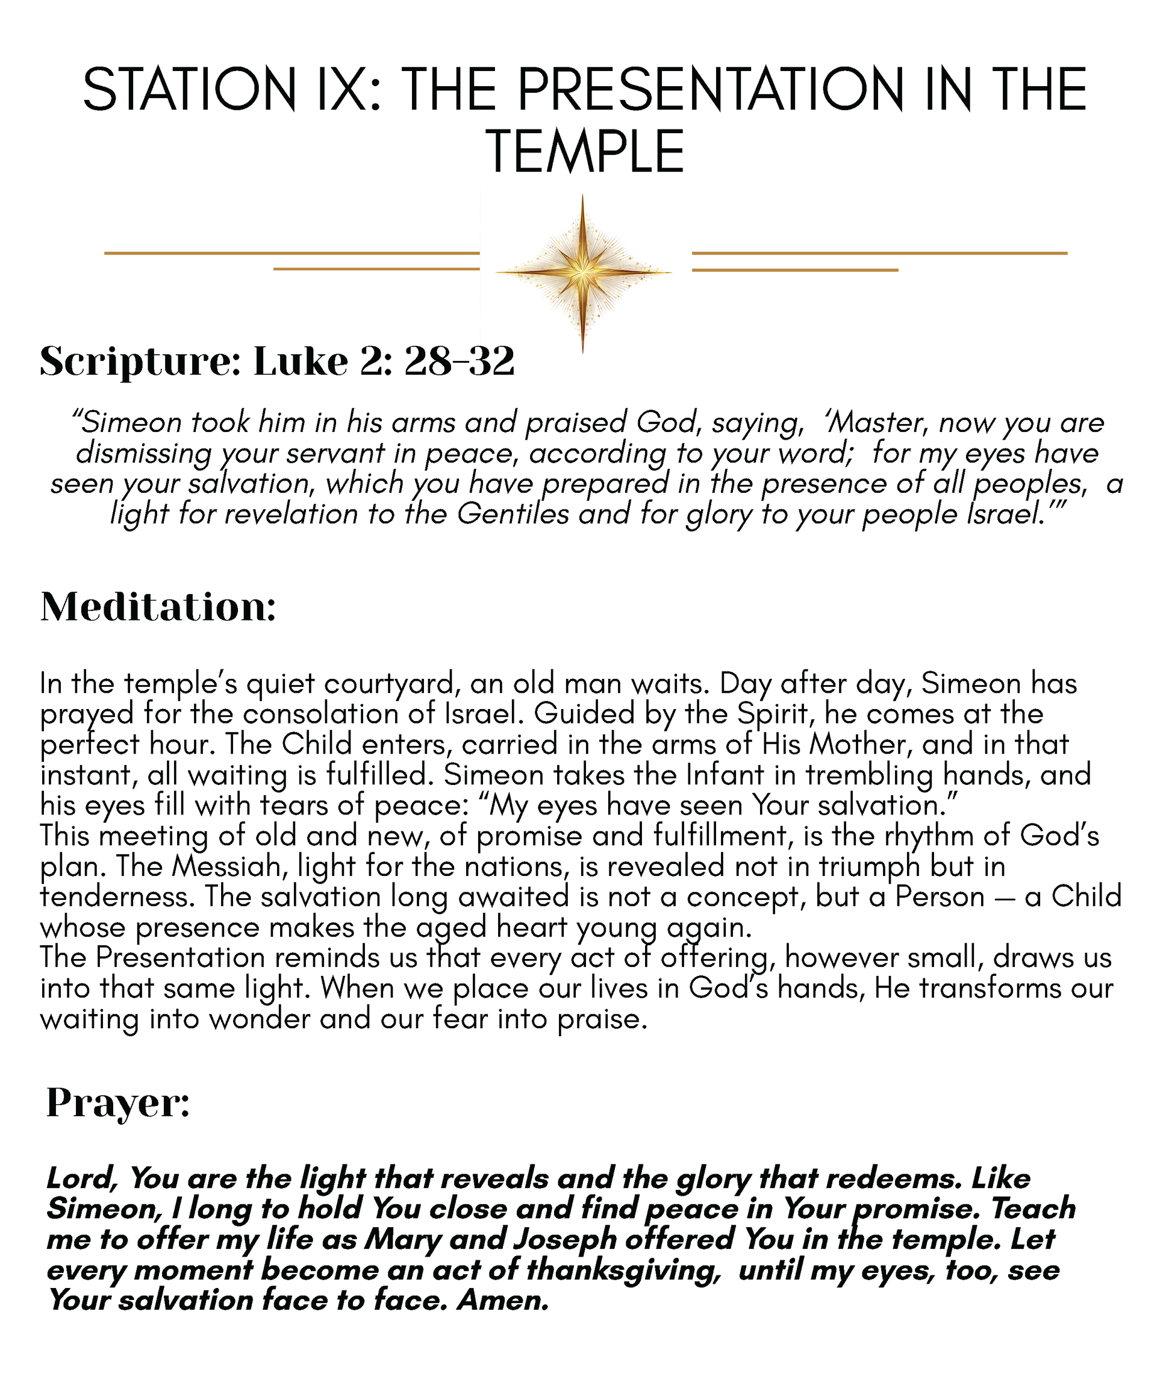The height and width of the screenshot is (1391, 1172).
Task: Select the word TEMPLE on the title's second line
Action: [x=585, y=152]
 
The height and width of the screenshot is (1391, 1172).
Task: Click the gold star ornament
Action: [x=582, y=272]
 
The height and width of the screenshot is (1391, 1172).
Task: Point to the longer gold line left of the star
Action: [x=291, y=253]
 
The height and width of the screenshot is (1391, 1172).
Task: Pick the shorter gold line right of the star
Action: [x=794, y=270]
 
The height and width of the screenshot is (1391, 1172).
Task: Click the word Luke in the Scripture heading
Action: [x=301, y=362]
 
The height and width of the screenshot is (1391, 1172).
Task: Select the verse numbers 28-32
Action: [x=458, y=362]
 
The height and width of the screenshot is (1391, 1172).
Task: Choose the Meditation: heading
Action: [x=158, y=607]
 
